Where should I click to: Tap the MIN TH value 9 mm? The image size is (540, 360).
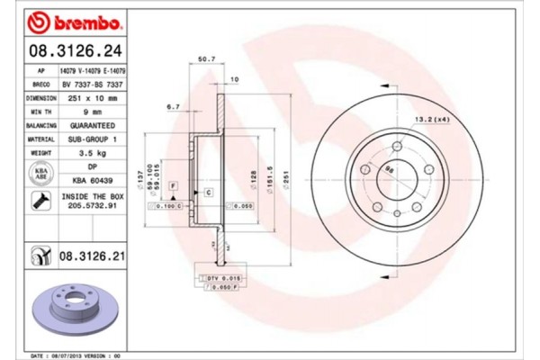tap(91, 112)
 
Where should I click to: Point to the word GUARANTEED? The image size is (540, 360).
tap(91, 126)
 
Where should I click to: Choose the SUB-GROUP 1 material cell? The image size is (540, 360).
tap(91, 140)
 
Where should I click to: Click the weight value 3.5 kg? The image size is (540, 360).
tap(91, 155)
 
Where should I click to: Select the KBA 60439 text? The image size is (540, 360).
tap(91, 181)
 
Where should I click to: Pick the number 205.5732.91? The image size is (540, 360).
tap(90, 207)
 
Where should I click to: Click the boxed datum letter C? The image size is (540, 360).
tap(209, 193)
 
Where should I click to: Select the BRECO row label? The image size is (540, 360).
tap(41, 83)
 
